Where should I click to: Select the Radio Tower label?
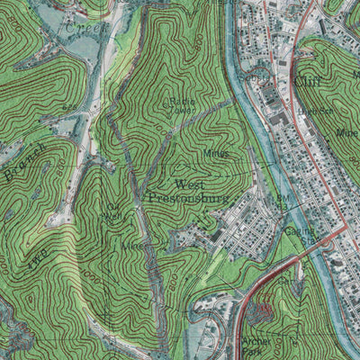(179, 105)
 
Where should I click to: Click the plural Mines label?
(215, 153)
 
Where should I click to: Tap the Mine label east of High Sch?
(347, 131)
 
